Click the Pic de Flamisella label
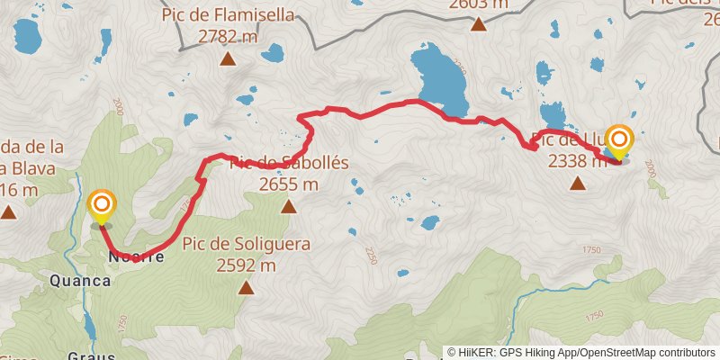(228, 16)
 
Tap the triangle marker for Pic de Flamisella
(228, 59)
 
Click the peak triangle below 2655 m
(288, 208)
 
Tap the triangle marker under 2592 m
(246, 288)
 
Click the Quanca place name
(82, 281)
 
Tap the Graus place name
(92, 354)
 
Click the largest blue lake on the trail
(436, 78)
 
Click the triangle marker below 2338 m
(578, 184)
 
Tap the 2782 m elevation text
(228, 37)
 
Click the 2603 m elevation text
(478, 4)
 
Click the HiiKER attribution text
(580, 353)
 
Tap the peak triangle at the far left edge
(8, 212)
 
